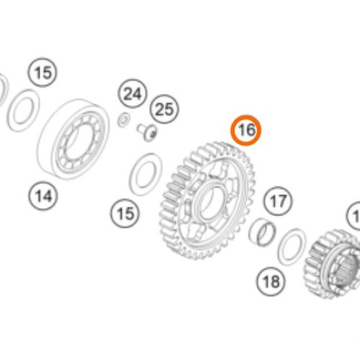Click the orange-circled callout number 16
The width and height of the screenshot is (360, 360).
[246, 130]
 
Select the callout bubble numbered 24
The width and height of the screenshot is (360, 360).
[132, 94]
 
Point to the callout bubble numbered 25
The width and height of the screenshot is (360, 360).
[164, 109]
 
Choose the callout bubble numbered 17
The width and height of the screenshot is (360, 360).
[279, 199]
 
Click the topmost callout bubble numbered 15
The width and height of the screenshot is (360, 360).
[43, 73]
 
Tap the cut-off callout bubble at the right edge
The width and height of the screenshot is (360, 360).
[354, 215]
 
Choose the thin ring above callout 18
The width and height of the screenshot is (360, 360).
[291, 246]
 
